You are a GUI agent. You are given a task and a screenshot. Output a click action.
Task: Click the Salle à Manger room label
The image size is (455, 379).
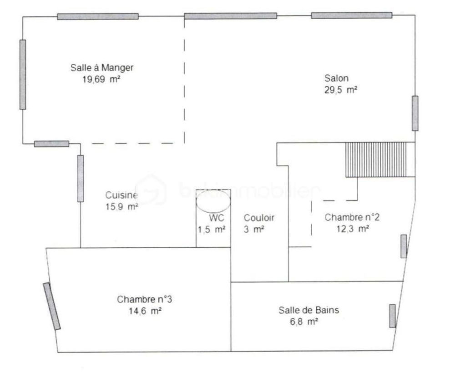click(x=101, y=68)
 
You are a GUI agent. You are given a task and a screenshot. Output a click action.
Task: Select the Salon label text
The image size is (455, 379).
click(x=337, y=78)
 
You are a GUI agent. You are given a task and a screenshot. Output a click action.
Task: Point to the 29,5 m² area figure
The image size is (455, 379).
click(x=340, y=90)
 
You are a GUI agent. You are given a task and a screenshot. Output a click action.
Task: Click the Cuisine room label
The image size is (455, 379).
click(x=121, y=195)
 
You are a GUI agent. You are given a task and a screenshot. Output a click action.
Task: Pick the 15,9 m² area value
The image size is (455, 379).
click(x=121, y=206)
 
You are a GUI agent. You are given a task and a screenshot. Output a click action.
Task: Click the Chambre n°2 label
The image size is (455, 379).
click(x=352, y=218)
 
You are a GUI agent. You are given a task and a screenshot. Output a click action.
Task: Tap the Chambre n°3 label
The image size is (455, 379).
click(x=144, y=300)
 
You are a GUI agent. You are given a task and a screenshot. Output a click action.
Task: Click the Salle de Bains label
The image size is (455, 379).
click(x=308, y=310)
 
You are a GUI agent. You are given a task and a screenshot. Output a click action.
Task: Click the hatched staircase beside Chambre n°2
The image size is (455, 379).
click(x=379, y=159)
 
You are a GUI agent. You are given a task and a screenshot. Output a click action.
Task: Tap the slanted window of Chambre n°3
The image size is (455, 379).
click(x=52, y=306)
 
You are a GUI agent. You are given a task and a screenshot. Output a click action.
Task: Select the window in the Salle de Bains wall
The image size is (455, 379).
click(x=392, y=316)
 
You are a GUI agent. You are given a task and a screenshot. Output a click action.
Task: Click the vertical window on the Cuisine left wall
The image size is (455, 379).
click(x=81, y=178)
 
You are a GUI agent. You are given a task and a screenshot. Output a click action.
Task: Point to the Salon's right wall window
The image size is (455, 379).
click(x=415, y=113)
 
